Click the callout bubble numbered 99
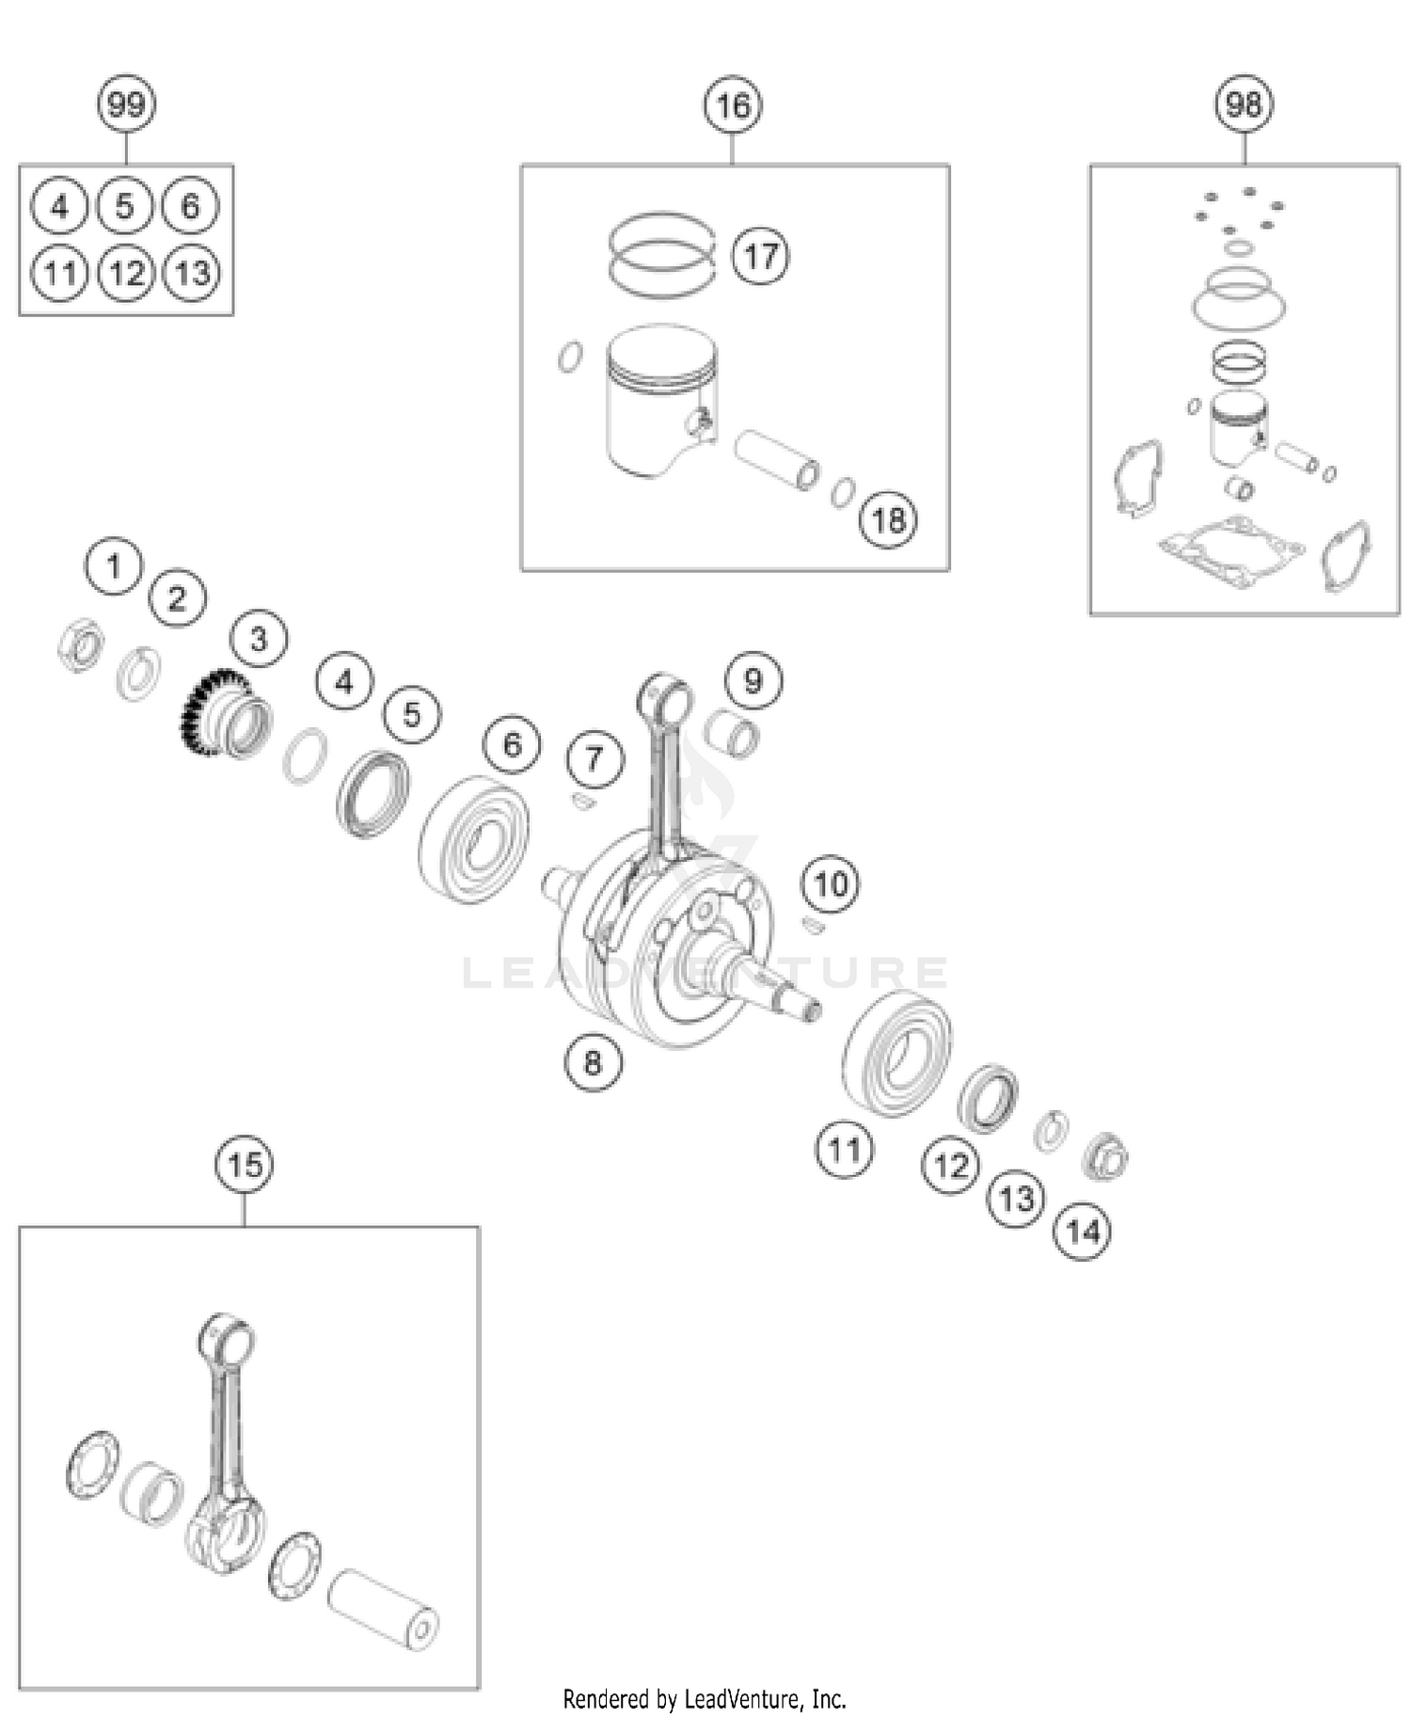coord(126,103)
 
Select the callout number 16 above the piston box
coord(733,105)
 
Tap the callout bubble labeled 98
coord(1244,103)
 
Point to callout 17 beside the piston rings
coord(760,255)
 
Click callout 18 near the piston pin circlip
coord(888,518)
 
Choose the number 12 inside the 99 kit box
coord(126,273)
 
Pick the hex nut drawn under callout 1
coord(80,645)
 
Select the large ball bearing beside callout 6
coord(473,838)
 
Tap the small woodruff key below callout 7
coord(582,802)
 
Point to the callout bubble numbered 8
coord(593,1062)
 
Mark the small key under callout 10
coord(815,927)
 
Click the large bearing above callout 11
coord(896,1053)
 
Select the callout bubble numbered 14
coord(1083,1231)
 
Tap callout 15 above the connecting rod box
coord(245,1165)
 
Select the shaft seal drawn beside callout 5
coord(373,793)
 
